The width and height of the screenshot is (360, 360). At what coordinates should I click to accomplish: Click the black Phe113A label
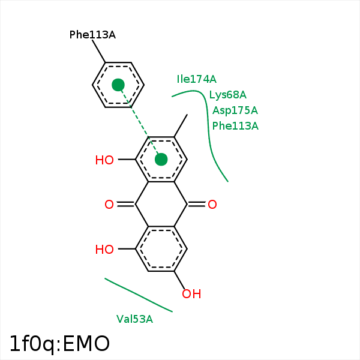[92, 35]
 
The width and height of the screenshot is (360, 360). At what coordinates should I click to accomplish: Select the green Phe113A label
[235, 126]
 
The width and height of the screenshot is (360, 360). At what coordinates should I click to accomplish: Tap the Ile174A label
[196, 79]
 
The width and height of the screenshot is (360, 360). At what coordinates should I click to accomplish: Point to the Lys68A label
[227, 95]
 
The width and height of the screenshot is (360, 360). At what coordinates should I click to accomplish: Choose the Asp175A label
[235, 110]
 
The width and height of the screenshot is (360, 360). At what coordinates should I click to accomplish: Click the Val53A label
[134, 319]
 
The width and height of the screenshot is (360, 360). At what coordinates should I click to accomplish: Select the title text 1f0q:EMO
[59, 344]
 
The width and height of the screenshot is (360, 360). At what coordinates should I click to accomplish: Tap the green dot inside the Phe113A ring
[118, 85]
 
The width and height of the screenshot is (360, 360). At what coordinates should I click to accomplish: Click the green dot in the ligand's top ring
[161, 159]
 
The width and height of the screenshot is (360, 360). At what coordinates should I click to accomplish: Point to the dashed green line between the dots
[139, 122]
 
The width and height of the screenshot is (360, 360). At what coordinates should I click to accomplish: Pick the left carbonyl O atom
[109, 205]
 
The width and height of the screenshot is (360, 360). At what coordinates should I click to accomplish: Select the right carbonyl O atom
[212, 205]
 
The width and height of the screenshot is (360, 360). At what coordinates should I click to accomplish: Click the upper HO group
[104, 160]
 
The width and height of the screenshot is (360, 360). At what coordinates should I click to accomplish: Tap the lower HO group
[104, 250]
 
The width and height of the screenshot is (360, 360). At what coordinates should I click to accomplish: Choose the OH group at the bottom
[191, 294]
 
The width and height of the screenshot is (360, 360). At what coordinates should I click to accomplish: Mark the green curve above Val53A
[138, 295]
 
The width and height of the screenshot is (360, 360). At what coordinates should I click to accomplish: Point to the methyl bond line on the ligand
[181, 126]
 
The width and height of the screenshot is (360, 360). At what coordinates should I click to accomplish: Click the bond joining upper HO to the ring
[127, 160]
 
